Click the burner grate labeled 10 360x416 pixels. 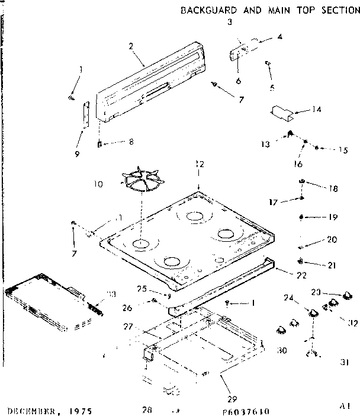pyautogui.click(x=143, y=181)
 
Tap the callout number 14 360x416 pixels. pyautogui.click(x=317, y=109)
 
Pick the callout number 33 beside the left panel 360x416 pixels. pyautogui.click(x=110, y=294)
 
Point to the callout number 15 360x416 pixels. pyautogui.click(x=342, y=151)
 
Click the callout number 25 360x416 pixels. pyautogui.click(x=157, y=290)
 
